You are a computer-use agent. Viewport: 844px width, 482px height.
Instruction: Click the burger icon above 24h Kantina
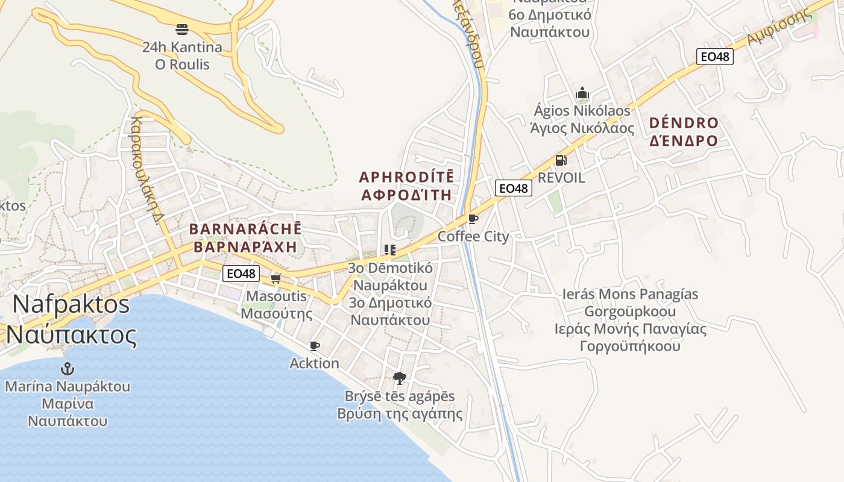(182, 29)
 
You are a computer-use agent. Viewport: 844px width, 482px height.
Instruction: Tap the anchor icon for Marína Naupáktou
(68, 368)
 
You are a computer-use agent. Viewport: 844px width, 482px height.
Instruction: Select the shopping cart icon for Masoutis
(276, 278)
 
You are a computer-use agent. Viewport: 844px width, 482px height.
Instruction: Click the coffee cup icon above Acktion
(314, 346)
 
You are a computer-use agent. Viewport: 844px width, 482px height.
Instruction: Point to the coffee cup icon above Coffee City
(473, 219)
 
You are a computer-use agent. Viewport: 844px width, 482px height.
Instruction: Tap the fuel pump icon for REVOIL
(561, 160)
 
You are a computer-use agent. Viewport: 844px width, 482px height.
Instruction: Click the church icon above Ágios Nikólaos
(582, 93)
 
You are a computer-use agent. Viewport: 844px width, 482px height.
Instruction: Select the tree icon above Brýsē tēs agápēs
(399, 378)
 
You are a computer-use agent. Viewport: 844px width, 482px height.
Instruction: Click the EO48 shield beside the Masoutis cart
(241, 274)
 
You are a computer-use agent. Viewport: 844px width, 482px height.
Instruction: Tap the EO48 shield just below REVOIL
(514, 188)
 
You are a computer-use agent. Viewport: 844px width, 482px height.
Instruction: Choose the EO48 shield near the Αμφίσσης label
(715, 57)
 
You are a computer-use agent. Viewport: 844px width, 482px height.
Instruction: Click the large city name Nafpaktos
(71, 304)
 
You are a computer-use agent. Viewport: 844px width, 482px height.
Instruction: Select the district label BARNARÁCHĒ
(245, 230)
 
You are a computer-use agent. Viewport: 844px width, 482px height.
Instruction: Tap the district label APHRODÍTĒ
(406, 177)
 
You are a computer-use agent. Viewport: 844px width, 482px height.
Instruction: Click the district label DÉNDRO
(684, 124)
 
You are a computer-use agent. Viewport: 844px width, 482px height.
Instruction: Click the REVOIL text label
(561, 178)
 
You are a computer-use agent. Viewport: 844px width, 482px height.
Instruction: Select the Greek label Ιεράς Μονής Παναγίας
(631, 329)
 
